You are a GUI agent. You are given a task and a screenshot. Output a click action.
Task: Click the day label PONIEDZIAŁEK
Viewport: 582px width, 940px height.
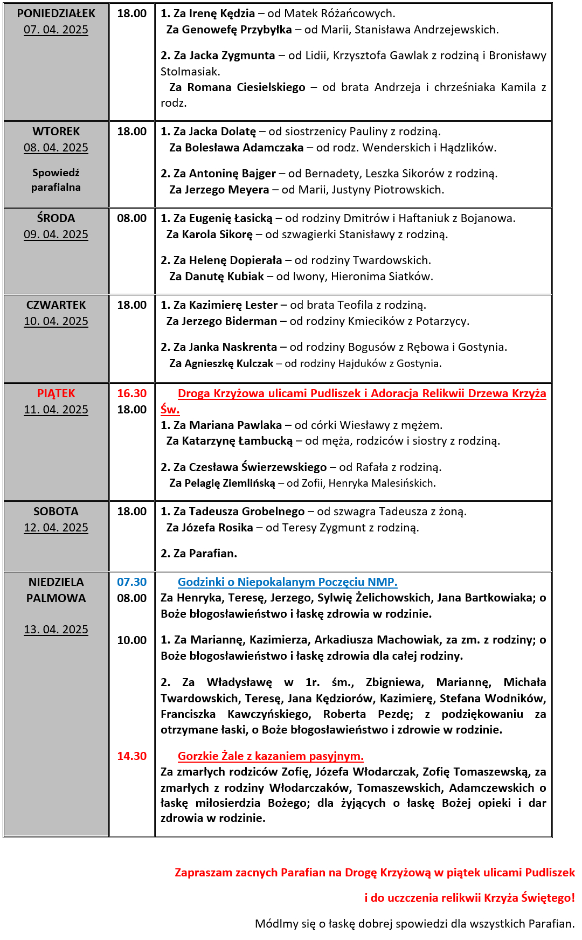[x=56, y=13]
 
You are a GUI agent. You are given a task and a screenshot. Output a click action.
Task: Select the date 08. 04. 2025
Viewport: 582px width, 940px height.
[x=56, y=148]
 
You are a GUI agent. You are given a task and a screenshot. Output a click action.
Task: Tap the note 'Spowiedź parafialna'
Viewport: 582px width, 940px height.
[x=56, y=180]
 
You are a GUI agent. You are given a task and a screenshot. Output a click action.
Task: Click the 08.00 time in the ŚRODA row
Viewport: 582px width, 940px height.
[x=132, y=218]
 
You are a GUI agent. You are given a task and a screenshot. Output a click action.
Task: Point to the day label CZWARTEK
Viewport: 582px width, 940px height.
[x=56, y=305]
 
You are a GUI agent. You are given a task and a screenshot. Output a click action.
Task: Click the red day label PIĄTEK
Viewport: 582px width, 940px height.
[x=56, y=393]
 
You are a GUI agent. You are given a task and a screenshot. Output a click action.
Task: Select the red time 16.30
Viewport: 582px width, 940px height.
[x=132, y=393]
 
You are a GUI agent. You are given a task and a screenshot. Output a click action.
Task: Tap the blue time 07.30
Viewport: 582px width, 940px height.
[x=132, y=582]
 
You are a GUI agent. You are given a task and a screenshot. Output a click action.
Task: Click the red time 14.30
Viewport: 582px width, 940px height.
[x=132, y=756]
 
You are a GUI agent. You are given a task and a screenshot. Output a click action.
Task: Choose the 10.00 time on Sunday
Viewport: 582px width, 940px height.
[x=132, y=640]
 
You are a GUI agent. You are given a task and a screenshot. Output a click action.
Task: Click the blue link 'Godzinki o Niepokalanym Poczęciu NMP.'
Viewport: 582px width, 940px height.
[x=288, y=582]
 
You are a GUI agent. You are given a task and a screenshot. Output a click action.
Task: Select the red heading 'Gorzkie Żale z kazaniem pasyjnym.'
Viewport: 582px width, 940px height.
[x=271, y=756]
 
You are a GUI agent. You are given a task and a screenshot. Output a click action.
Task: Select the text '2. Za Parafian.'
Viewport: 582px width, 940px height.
[x=199, y=554]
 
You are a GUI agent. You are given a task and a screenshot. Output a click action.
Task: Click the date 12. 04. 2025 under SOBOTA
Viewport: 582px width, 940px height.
[x=56, y=528]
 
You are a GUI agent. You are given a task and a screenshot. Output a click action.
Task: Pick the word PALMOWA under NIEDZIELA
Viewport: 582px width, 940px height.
[x=56, y=598]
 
